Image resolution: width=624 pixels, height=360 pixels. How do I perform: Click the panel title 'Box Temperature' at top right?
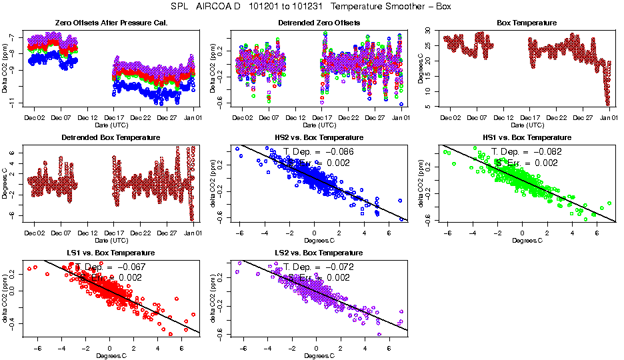click(x=527, y=23)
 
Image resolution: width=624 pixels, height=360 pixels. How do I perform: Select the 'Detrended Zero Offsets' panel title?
click(x=319, y=23)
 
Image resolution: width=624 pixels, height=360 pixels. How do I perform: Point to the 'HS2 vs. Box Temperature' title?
click(x=319, y=138)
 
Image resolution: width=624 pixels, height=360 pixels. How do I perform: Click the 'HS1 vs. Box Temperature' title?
click(x=527, y=138)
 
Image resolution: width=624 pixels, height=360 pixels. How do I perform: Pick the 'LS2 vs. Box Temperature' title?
click(x=319, y=253)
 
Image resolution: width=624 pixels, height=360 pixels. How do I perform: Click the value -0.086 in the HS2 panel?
click(x=339, y=152)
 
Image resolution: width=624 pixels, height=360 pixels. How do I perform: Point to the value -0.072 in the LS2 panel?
click(x=339, y=267)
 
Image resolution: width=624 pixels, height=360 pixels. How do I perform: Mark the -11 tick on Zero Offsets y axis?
click(x=12, y=101)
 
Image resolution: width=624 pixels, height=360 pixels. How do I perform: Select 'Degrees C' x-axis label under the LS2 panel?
click(x=319, y=355)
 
